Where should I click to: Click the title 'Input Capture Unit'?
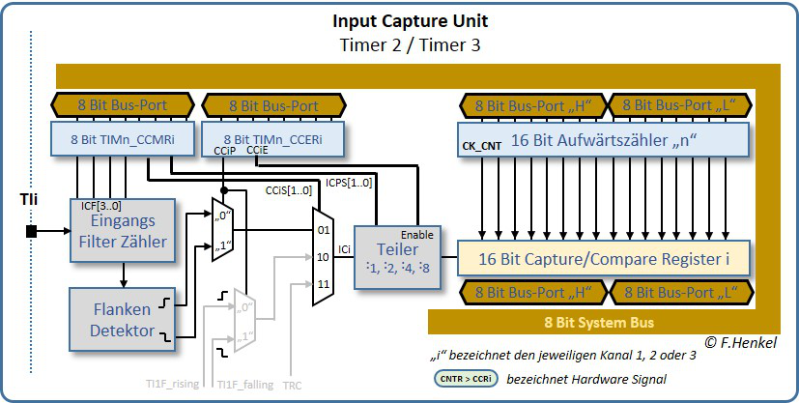410,21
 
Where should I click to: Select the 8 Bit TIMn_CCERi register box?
272,138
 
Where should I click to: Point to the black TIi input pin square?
32,231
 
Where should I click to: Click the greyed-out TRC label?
292,385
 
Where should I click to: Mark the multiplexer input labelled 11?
322,284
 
